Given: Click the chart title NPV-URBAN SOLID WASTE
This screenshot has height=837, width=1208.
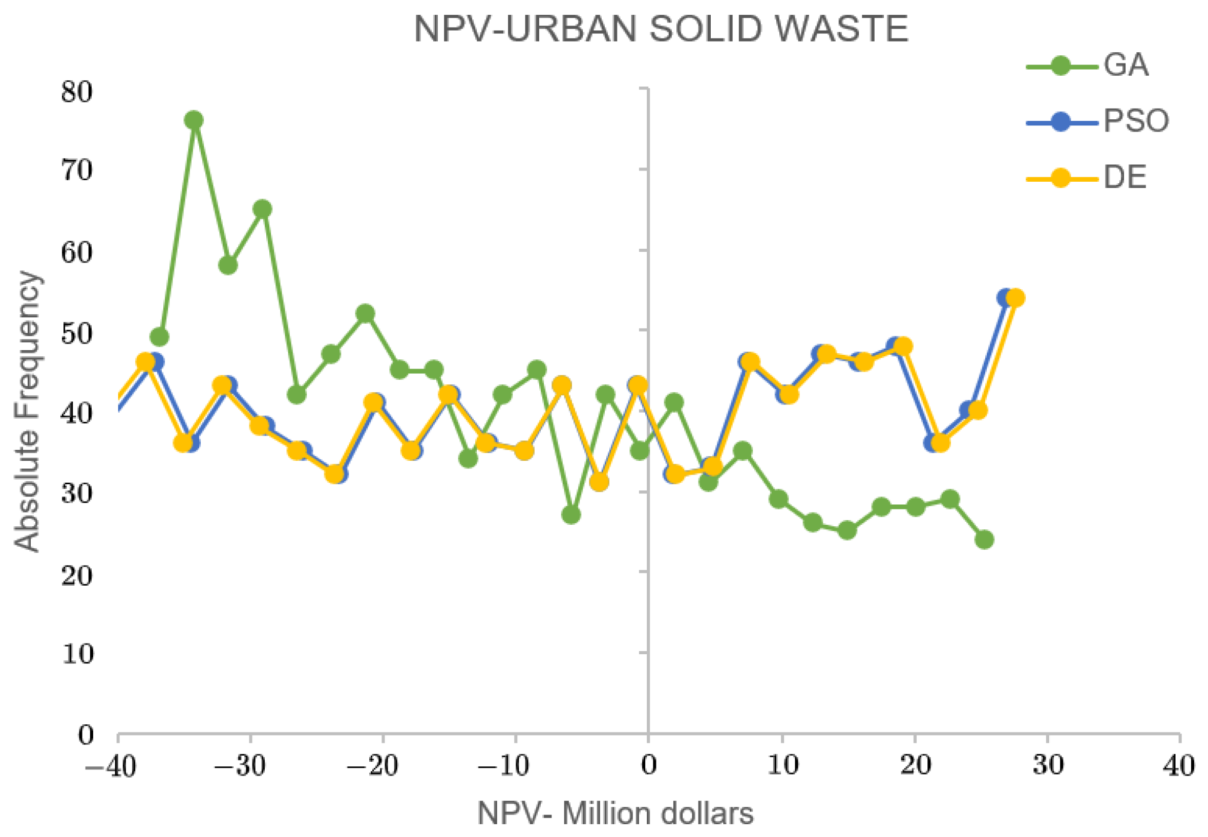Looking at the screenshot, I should point(661,30).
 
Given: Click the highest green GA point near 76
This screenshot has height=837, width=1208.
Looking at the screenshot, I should point(194,120).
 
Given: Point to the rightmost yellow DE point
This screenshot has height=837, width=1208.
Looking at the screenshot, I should point(1015,298).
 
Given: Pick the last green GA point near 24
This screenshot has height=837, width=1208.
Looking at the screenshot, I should point(985,539).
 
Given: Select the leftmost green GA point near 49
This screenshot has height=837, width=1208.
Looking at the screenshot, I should point(159,337).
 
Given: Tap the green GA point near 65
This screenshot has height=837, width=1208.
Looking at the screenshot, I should point(262,209).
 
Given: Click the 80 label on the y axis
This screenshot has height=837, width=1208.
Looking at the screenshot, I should point(77,92).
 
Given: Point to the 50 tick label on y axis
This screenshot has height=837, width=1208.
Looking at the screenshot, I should point(77,334).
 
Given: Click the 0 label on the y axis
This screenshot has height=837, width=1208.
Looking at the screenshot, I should point(86,735).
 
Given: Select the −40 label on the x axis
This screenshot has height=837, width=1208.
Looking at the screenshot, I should point(111,767).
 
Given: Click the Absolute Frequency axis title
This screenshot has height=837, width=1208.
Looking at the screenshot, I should point(27,412).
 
